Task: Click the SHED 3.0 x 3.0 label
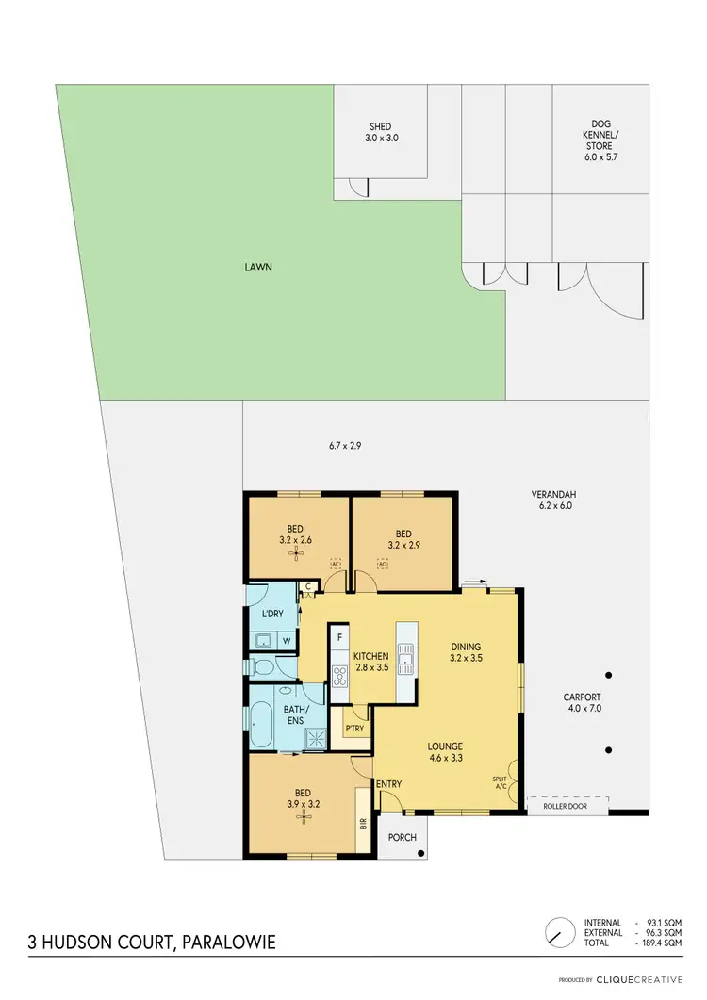click(x=380, y=132)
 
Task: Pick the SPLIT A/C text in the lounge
click(x=500, y=782)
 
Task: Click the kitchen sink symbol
click(x=406, y=654)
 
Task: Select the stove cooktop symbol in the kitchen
click(x=339, y=675)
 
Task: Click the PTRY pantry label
click(x=354, y=729)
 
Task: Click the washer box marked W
click(x=286, y=641)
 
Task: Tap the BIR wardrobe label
click(x=363, y=822)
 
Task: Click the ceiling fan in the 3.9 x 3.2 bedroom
click(x=303, y=816)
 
